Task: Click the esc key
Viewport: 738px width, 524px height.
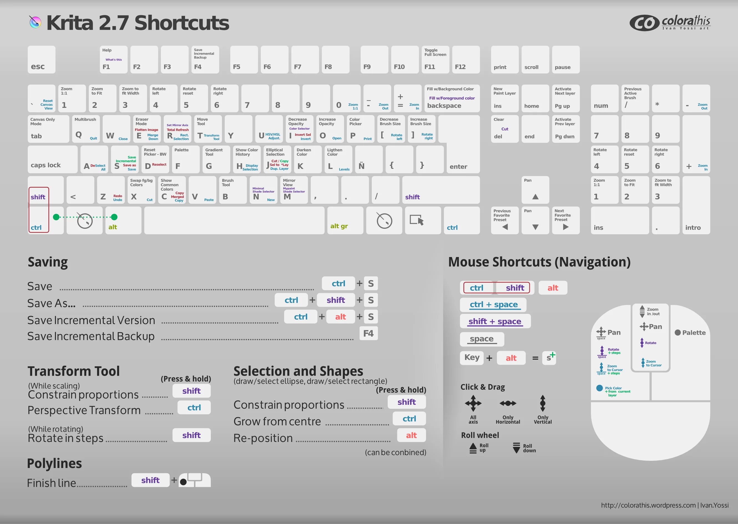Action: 41,60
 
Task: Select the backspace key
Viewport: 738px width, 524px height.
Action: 452,98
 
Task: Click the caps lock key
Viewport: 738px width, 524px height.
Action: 52,159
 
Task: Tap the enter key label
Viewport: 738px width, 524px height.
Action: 458,167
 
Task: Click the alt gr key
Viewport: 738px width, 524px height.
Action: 345,221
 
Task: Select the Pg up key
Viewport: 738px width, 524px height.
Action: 566,98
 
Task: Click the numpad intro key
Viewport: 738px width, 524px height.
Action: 696,221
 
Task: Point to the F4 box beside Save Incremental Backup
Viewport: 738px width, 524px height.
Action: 368,333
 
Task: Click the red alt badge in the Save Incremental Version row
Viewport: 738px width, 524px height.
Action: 341,317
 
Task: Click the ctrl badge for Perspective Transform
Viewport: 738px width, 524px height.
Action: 194,408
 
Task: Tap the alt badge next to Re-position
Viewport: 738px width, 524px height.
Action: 411,435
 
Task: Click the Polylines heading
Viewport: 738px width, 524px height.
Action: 55,463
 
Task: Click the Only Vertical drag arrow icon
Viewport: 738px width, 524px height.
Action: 543,403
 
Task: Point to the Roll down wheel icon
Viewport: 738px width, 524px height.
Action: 517,448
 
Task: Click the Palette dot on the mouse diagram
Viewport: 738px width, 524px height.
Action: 678,333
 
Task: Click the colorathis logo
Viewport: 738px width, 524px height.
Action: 670,22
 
